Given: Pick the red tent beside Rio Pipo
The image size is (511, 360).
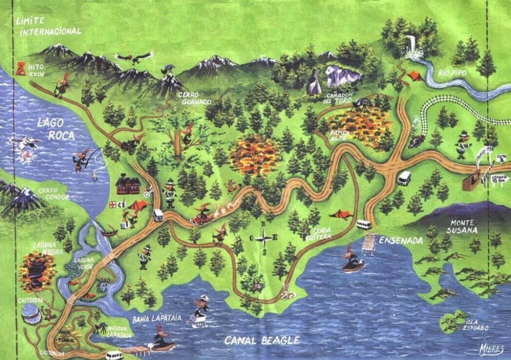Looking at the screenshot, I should [414, 76].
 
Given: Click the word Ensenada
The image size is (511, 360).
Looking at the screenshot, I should [401, 241].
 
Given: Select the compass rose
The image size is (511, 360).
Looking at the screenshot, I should [264, 238].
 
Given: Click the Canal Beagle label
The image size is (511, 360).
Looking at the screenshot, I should [262, 341].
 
